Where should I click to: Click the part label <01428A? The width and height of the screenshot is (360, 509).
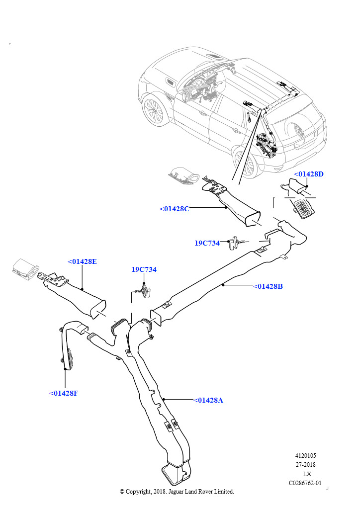[208, 400]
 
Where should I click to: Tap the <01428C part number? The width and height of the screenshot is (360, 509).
[175, 209]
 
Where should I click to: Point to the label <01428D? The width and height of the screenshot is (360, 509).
[308, 174]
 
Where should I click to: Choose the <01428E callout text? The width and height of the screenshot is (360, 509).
[82, 261]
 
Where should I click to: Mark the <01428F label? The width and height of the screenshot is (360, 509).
[64, 393]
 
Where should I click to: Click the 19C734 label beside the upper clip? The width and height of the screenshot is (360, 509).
[207, 243]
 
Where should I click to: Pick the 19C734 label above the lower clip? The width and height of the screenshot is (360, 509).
[144, 269]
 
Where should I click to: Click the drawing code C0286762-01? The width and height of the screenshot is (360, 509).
[305, 483]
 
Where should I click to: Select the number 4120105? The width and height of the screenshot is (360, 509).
[305, 456]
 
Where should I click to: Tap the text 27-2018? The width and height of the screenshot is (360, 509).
[305, 465]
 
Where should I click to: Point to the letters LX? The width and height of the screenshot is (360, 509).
[307, 474]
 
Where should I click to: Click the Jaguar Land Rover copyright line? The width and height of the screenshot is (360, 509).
[177, 492]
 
